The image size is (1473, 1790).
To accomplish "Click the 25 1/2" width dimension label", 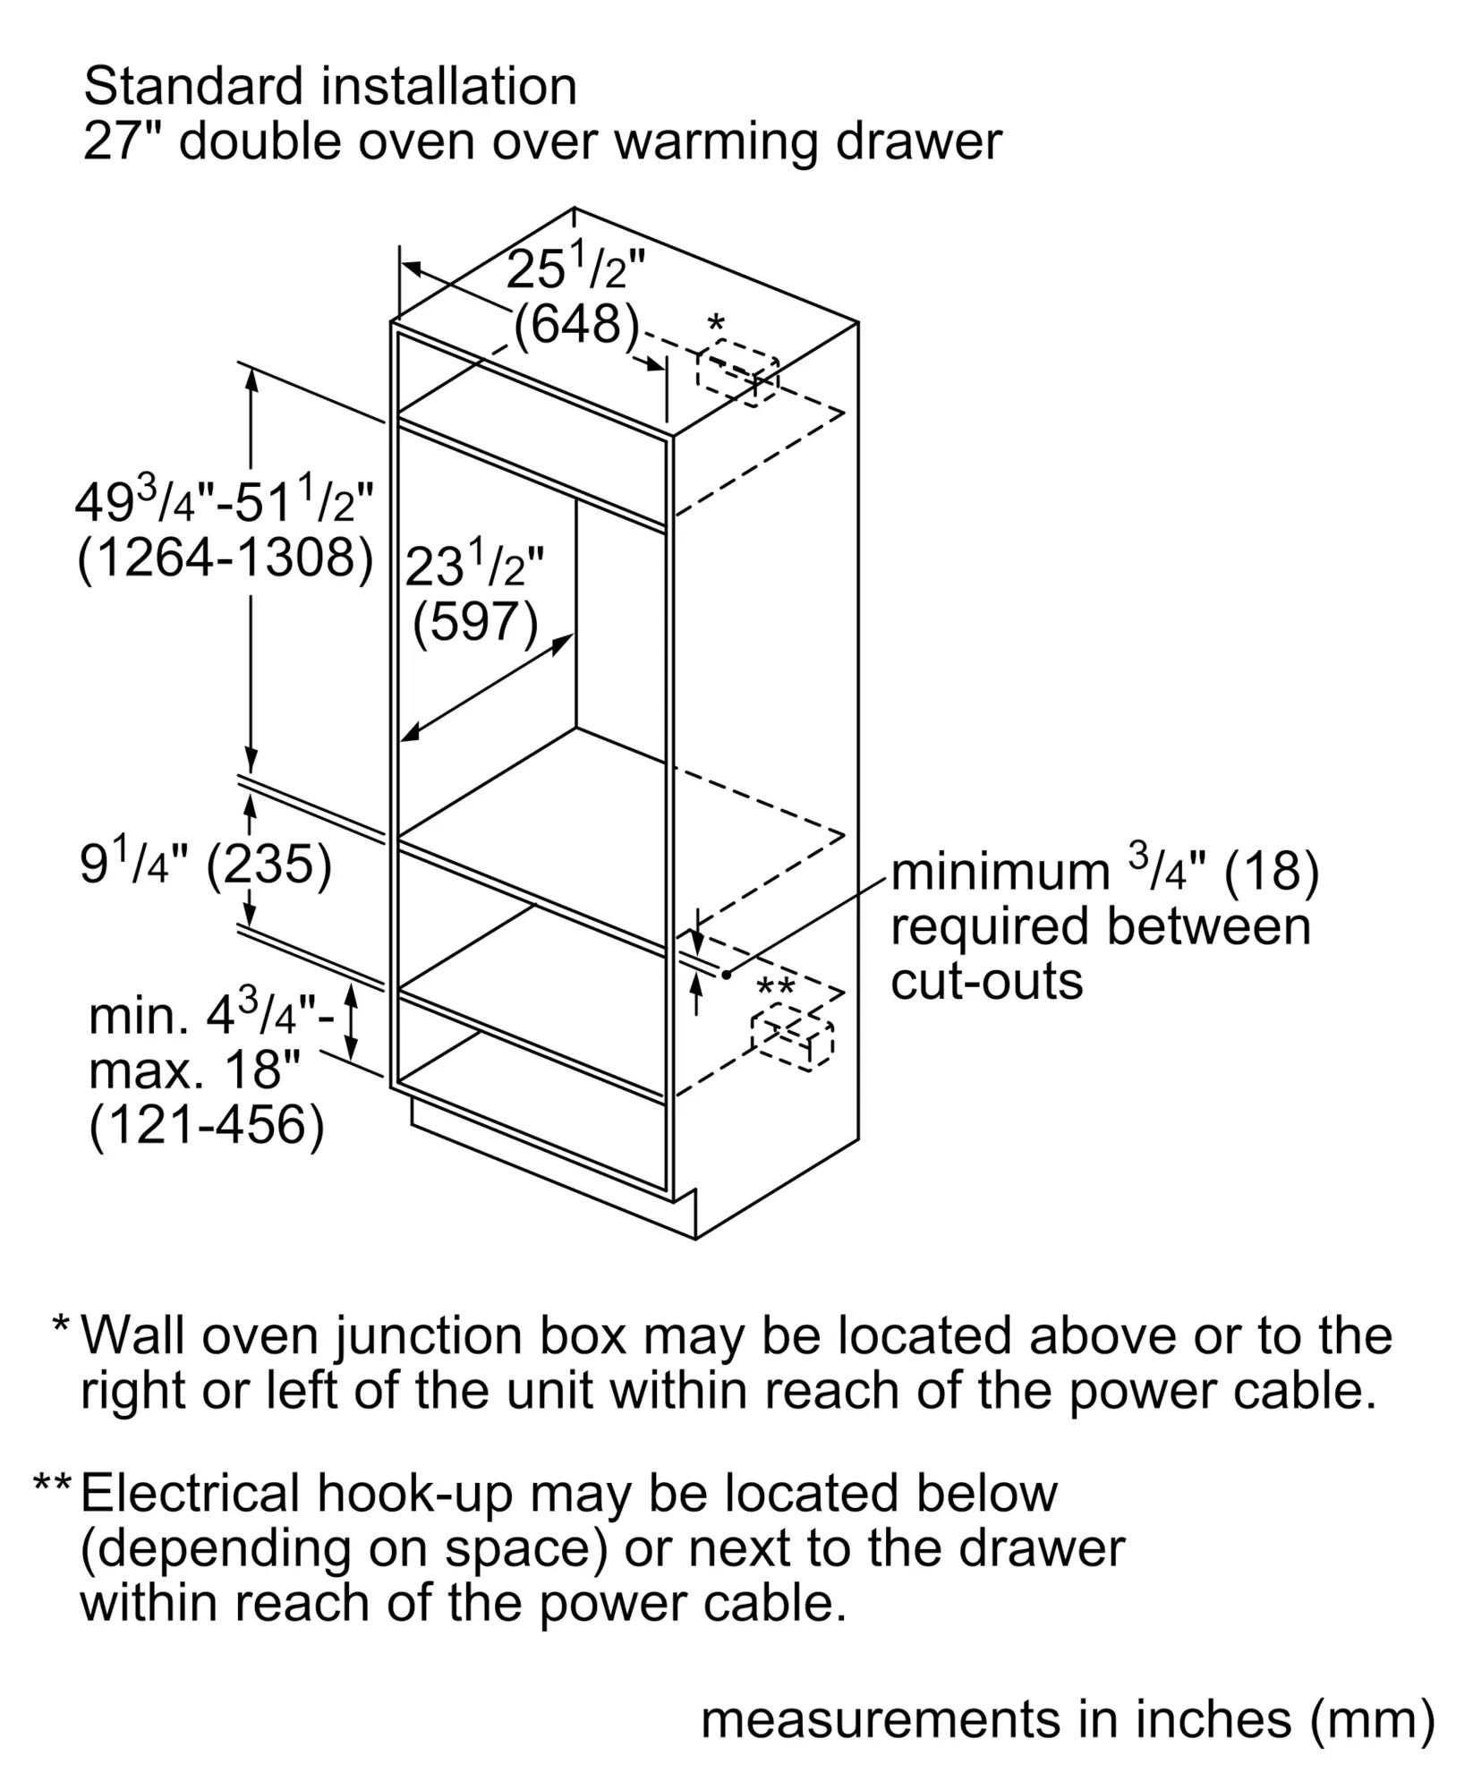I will pyautogui.click(x=575, y=268).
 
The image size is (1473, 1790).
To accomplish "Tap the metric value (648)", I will pyautogui.click(x=576, y=324).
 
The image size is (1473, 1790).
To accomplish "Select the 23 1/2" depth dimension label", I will pyautogui.click(x=473, y=566).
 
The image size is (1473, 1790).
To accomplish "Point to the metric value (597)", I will pyautogui.click(x=475, y=621).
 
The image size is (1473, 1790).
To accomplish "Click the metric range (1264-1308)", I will pyautogui.click(x=226, y=558).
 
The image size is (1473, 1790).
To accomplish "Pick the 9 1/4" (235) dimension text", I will pyautogui.click(x=206, y=865).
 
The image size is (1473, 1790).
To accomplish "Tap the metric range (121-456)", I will pyautogui.click(x=206, y=1124).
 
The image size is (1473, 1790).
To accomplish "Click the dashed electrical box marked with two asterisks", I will pyautogui.click(x=793, y=1036).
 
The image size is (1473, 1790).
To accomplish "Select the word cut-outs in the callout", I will pyautogui.click(x=986, y=982).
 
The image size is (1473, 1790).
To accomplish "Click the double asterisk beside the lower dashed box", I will pyautogui.click(x=775, y=988).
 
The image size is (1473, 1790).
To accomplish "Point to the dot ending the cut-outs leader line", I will pyautogui.click(x=727, y=974).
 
